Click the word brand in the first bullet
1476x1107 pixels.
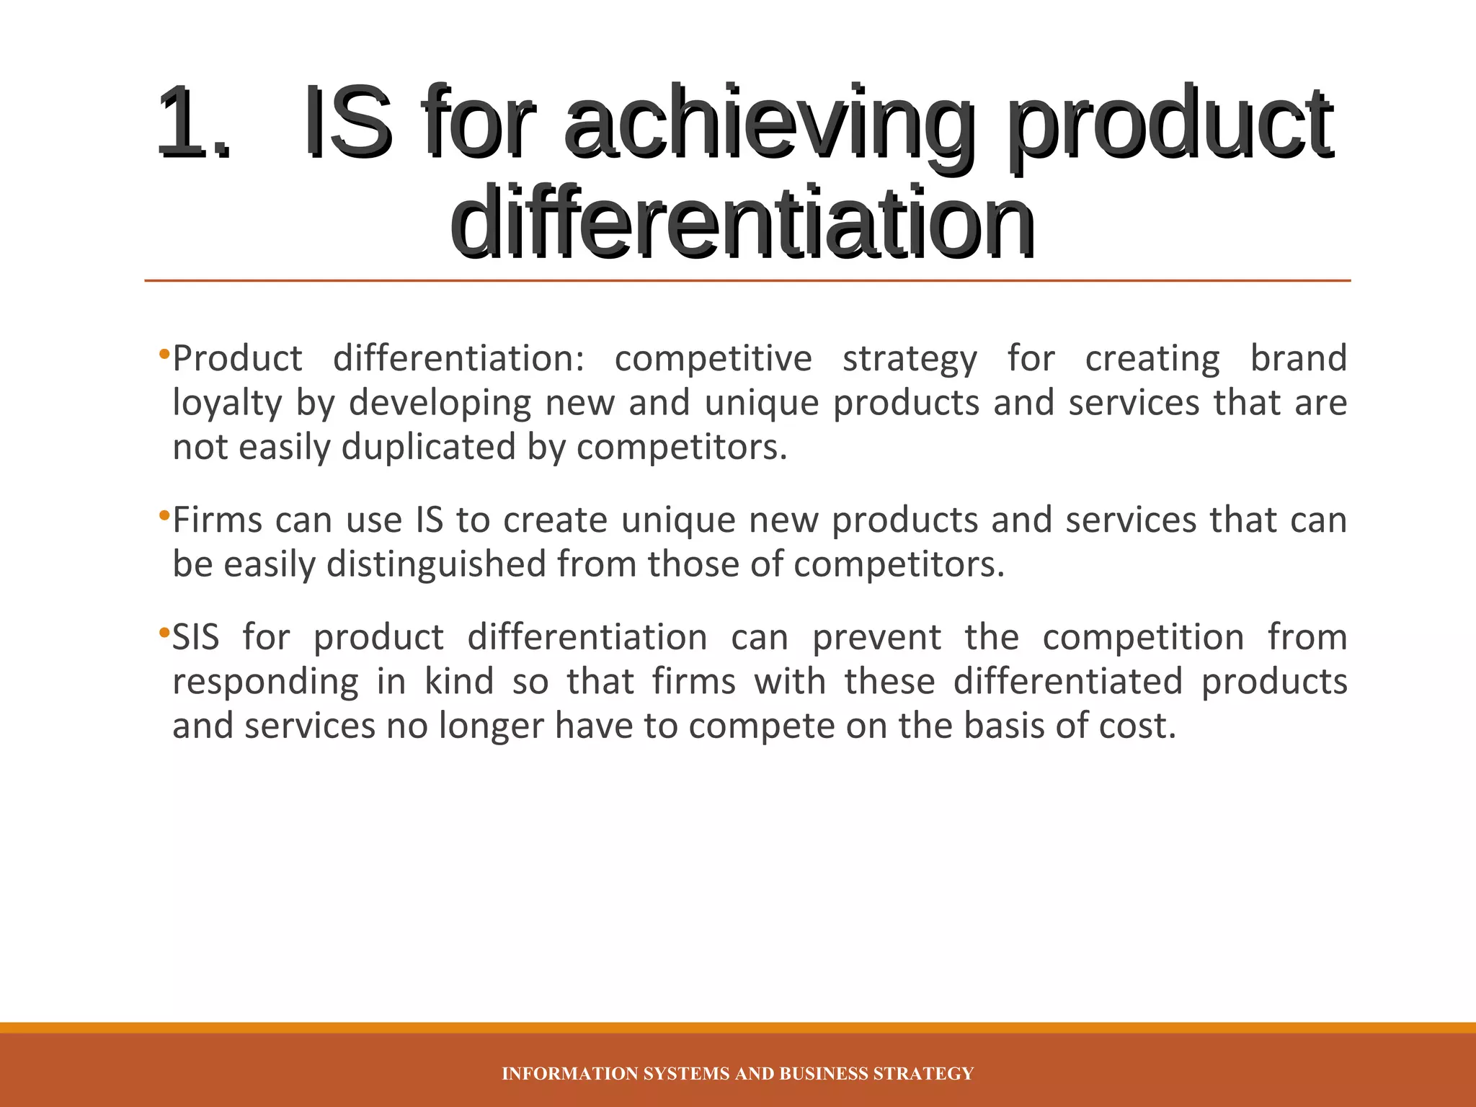[1298, 358]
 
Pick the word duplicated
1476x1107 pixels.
[427, 448]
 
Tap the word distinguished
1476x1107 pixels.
[436, 564]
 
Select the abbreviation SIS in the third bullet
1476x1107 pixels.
[195, 637]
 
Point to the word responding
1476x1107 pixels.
[265, 682]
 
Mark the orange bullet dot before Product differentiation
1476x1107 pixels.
[164, 354]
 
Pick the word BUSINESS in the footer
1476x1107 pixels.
[824, 1074]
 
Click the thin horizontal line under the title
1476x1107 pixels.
[747, 280]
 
